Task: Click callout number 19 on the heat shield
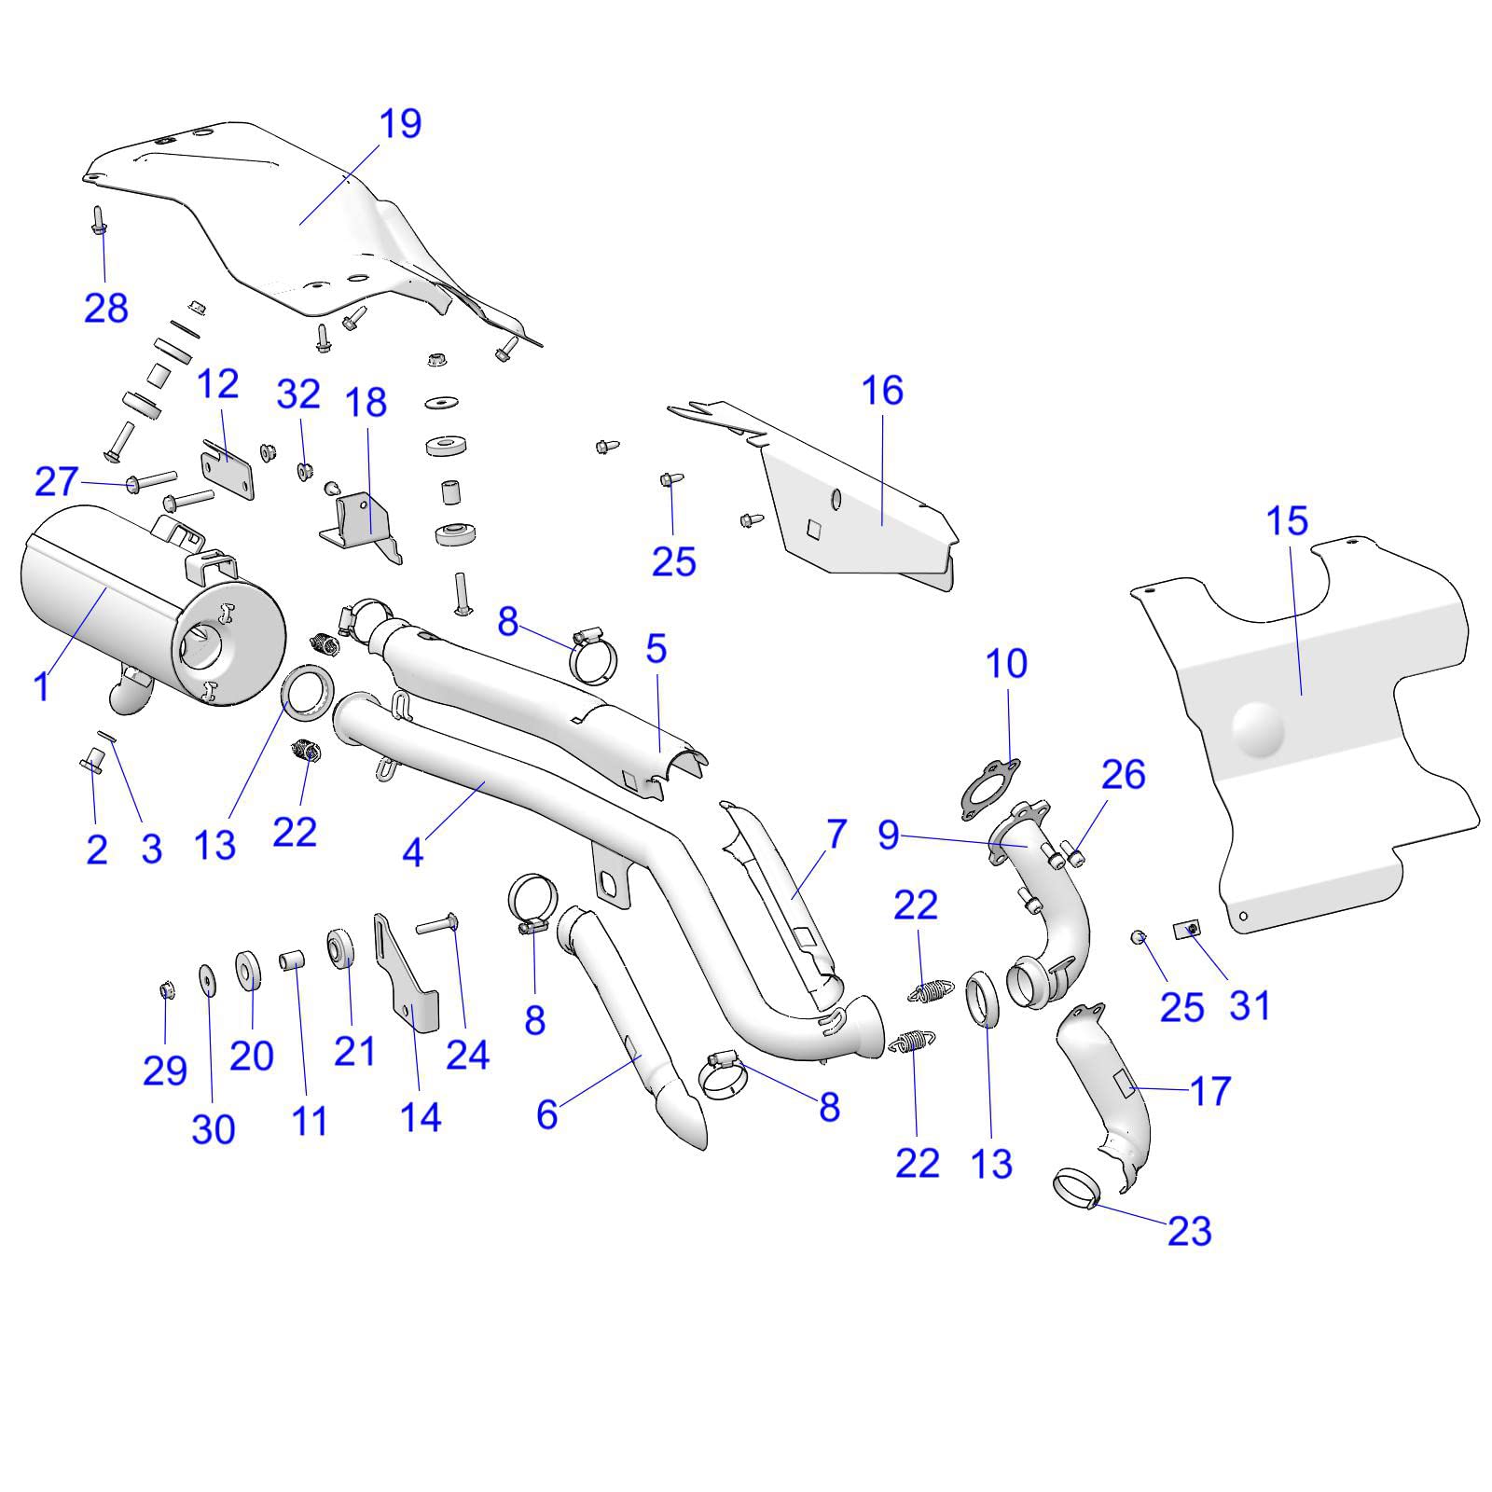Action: tap(400, 123)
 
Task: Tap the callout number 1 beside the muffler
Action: tap(40, 687)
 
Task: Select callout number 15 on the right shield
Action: tap(1287, 521)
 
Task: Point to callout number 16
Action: tap(882, 391)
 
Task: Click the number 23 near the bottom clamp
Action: tap(1189, 1232)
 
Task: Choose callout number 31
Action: tap(1250, 1005)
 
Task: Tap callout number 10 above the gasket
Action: tap(1006, 664)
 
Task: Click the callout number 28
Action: tap(105, 308)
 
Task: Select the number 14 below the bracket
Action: tap(420, 1117)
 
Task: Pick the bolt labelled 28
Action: tap(99, 221)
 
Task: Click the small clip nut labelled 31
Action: tap(1187, 930)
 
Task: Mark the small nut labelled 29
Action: tap(166, 990)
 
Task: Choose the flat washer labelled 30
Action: tap(206, 979)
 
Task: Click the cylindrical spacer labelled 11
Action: tap(293, 960)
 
